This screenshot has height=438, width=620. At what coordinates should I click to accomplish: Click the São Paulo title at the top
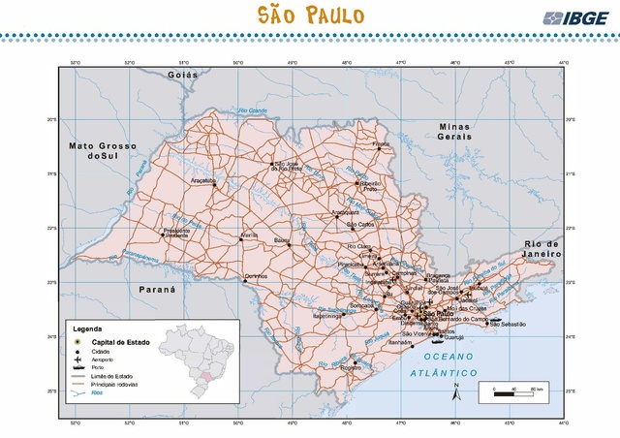point(310,16)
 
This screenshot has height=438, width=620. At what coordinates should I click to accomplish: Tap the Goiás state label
point(182,75)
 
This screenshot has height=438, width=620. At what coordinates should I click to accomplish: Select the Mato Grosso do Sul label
point(103,150)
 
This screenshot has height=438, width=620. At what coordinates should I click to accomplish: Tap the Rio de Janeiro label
point(542,248)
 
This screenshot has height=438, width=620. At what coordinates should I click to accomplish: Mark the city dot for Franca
point(382,148)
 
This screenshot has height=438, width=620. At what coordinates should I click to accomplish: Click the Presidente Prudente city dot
point(162,233)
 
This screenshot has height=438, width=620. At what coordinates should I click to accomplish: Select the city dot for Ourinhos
point(244,279)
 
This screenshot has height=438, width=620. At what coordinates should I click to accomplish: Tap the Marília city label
point(251,235)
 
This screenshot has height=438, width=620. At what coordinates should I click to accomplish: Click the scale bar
point(514,391)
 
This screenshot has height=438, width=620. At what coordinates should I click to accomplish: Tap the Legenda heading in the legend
point(87,328)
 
